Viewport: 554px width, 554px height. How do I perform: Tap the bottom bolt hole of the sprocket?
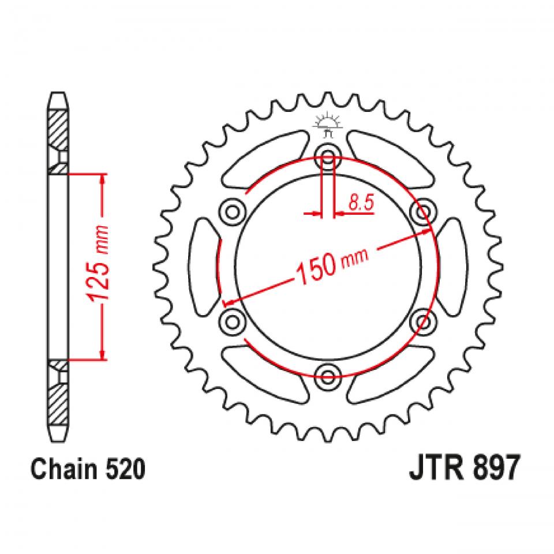click(328, 377)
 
